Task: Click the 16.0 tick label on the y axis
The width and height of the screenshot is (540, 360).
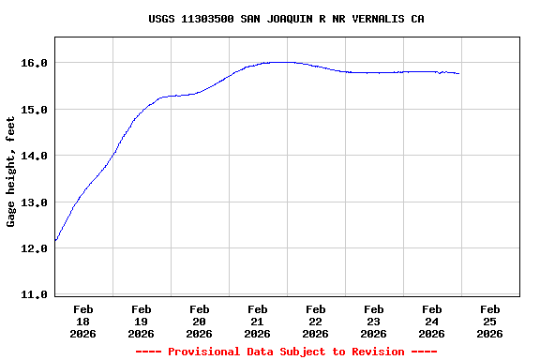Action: point(35,63)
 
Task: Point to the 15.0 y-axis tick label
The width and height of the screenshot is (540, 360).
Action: point(35,110)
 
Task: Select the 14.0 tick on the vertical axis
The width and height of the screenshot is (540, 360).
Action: point(35,156)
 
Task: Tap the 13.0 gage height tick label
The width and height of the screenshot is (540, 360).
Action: point(35,202)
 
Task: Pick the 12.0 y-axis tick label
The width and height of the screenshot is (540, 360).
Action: point(35,248)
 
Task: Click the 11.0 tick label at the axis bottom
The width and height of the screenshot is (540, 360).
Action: point(35,294)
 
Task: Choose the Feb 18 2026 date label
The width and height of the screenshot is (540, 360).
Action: point(83,321)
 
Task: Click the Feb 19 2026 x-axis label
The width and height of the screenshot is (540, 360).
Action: point(142,321)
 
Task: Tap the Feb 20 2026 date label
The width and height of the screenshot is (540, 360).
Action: point(200,321)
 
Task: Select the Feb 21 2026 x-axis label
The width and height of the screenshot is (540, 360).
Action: point(258,321)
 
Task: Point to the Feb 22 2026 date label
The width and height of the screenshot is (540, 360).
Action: point(316,321)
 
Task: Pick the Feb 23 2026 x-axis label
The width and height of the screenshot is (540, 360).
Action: point(374,321)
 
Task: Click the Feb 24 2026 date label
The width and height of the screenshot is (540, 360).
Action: point(432,321)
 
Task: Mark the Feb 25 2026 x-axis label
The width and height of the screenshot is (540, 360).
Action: point(489,321)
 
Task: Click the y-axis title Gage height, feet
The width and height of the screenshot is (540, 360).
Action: point(12,172)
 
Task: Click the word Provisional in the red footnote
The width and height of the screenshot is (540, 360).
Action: point(204,352)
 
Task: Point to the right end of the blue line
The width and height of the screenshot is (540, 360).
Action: point(458,73)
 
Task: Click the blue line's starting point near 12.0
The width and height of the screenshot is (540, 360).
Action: point(55,241)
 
